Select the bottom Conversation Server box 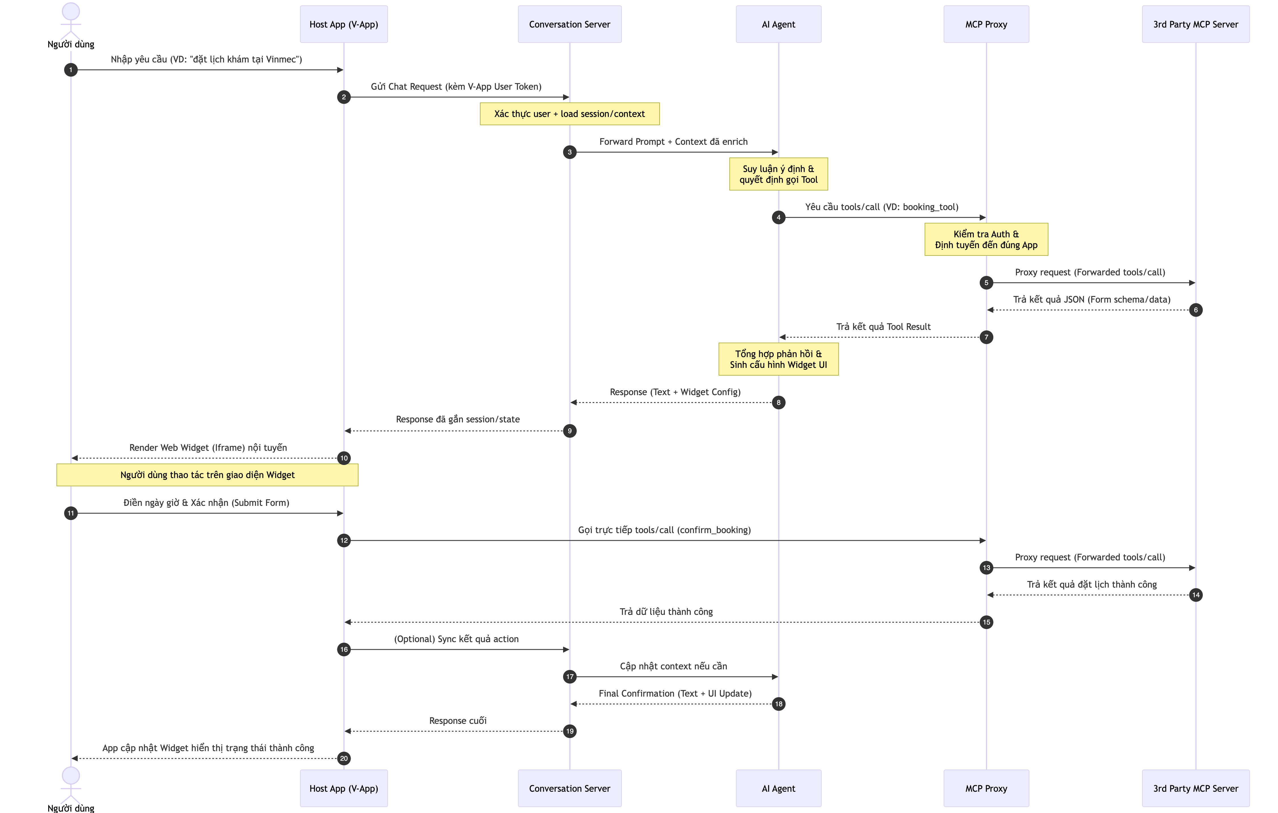click(x=570, y=788)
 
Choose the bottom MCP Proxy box click(x=986, y=788)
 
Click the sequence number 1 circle click(x=71, y=70)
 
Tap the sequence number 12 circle click(x=344, y=540)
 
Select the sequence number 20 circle click(x=344, y=758)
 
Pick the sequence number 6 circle click(x=1196, y=310)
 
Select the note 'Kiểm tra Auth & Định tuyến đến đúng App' click(x=986, y=239)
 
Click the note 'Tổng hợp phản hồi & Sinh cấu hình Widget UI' click(x=778, y=359)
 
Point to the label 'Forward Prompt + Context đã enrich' click(x=673, y=142)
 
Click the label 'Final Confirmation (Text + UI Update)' click(x=675, y=693)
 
